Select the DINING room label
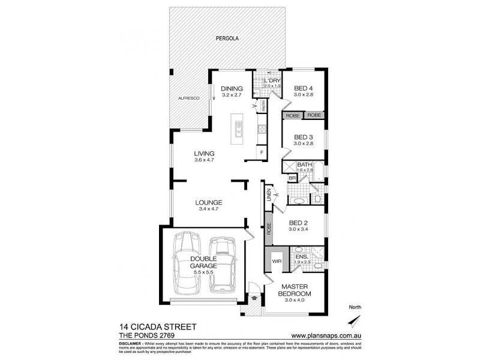coord(231,88)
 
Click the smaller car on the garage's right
coord(223,264)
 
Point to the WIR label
coord(277,262)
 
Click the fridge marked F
coord(262,153)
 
